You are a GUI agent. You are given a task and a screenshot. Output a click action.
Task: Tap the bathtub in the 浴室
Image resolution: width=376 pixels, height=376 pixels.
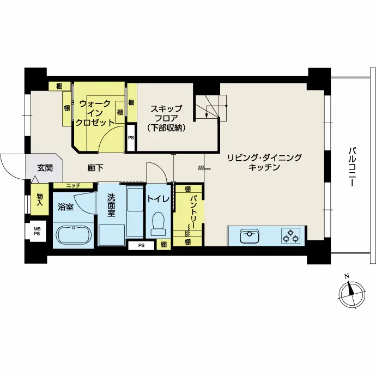coord(74,235)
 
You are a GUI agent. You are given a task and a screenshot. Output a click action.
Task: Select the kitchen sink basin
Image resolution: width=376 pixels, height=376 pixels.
coord(250,235)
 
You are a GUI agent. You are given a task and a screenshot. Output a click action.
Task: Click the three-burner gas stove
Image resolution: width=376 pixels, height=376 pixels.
coord(290,236)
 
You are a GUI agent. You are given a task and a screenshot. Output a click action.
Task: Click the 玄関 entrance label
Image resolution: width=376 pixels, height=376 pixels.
coord(45,168)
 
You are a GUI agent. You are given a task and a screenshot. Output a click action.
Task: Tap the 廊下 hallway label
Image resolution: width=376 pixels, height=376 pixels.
coord(95,168)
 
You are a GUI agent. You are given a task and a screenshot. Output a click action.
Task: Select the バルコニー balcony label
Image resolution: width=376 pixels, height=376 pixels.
coord(352,167)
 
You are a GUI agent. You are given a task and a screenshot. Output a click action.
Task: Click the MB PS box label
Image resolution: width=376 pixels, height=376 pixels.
coord(37,231)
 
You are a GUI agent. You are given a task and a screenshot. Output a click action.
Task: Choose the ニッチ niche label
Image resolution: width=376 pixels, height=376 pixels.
coord(73,186)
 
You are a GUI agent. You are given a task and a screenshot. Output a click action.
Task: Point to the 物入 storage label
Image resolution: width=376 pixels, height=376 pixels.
coord(40,200)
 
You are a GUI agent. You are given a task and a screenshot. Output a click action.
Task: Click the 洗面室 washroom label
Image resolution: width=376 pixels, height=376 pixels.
coord(111,205)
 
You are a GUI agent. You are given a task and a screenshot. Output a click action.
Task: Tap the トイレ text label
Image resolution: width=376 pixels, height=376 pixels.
coord(158,199)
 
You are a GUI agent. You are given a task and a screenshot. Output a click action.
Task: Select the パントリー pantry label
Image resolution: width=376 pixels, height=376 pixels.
coord(193,212)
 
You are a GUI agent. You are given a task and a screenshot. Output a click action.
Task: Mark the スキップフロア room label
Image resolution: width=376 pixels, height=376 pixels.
coord(166,118)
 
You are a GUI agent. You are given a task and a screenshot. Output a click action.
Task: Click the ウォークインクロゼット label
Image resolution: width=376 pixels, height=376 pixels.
coord(94,113)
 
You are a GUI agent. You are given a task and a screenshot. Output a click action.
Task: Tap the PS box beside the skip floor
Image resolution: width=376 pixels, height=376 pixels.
coord(131,138)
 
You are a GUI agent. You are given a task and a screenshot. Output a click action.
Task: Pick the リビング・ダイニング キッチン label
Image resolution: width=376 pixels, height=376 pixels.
coord(264,162)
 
